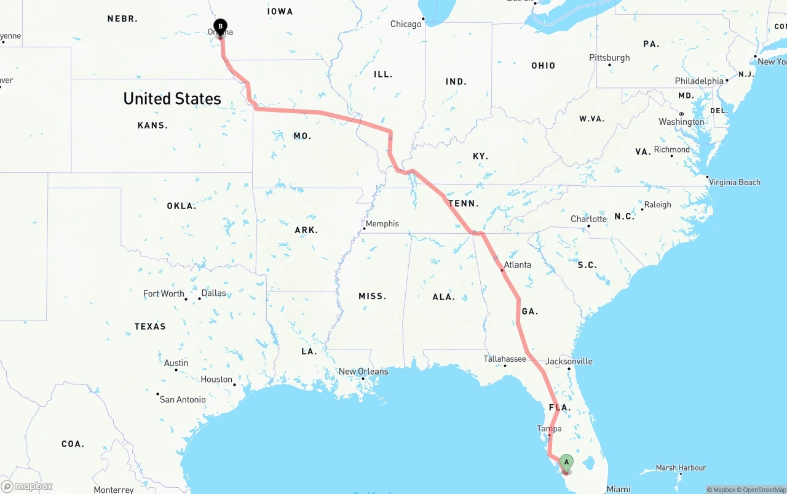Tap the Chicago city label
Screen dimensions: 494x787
pyautogui.click(x=406, y=24)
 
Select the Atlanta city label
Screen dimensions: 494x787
pyautogui.click(x=517, y=265)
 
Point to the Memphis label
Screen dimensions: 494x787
pyautogui.click(x=382, y=224)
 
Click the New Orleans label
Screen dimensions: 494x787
pyautogui.click(x=363, y=372)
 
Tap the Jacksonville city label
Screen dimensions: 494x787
pyautogui.click(x=569, y=361)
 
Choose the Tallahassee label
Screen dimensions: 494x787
pyautogui.click(x=505, y=359)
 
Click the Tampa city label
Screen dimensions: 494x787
pyautogui.click(x=549, y=429)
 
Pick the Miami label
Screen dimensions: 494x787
pyautogui.click(x=618, y=489)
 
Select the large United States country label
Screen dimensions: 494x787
pyautogui.click(x=172, y=98)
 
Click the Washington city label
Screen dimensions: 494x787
pyautogui.click(x=681, y=122)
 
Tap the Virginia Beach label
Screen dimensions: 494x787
pyautogui.click(x=734, y=182)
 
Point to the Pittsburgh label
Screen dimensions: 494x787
pyautogui.click(x=609, y=58)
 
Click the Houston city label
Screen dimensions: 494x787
pyautogui.click(x=216, y=380)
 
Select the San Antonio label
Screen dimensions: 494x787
pyautogui.click(x=183, y=399)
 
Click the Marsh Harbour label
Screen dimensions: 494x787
pyautogui.click(x=681, y=468)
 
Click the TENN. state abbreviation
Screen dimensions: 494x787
pyautogui.click(x=463, y=204)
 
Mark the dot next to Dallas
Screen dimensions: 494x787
pyautogui.click(x=200, y=299)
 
